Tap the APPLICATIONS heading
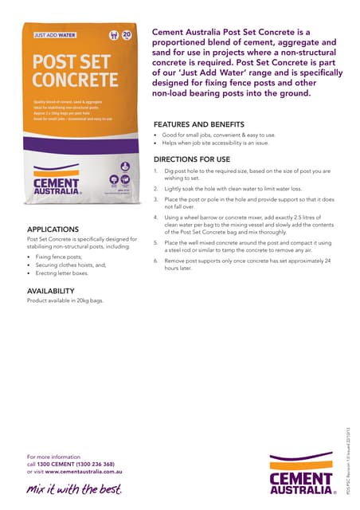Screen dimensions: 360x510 (x=53, y=229)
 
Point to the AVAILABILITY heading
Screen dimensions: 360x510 (x=53, y=291)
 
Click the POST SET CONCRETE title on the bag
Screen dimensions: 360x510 (x=72, y=71)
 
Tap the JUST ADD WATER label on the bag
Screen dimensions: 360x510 (x=55, y=35)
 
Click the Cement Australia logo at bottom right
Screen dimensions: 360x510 (x=301, y=473)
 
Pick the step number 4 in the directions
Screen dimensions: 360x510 (x=156, y=217)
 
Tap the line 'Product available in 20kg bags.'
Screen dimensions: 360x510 (x=65, y=301)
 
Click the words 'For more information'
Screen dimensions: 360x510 (x=55, y=456)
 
